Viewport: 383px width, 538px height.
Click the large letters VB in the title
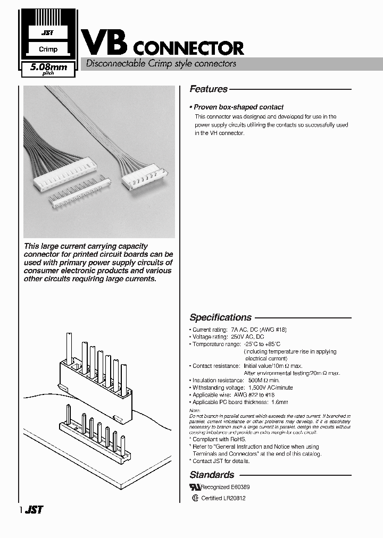[103, 41]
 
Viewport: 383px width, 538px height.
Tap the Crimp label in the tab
[48, 49]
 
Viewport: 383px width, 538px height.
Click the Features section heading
[209, 89]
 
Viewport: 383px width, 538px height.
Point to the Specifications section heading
[220, 317]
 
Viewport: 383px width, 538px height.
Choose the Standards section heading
[212, 475]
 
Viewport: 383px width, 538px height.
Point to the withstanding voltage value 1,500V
[256, 388]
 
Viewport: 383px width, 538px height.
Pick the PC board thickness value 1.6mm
[279, 402]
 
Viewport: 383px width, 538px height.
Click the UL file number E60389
[240, 487]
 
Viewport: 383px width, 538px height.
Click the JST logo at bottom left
[34, 510]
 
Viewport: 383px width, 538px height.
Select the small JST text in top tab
[48, 33]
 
